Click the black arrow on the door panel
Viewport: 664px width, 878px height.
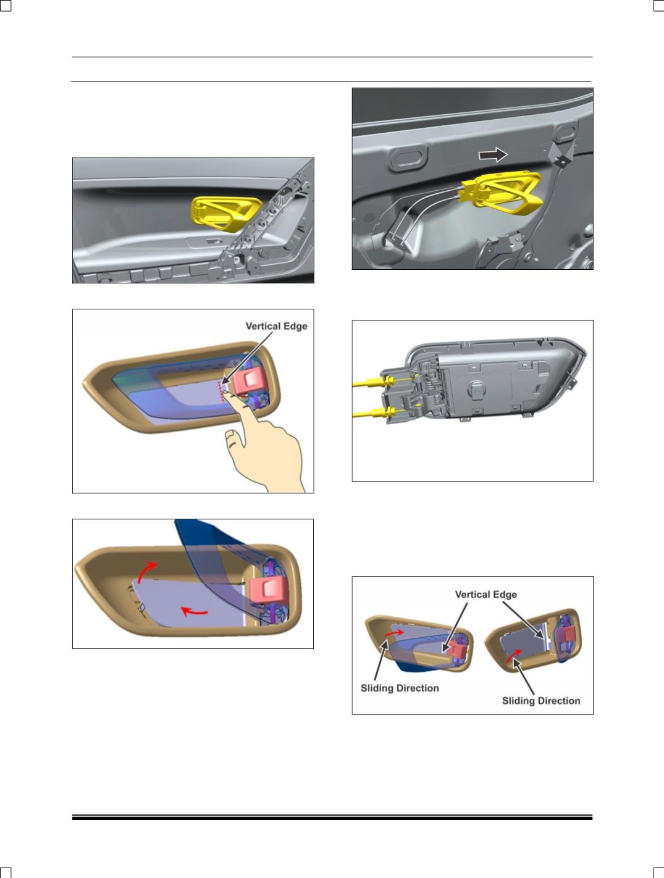click(x=493, y=154)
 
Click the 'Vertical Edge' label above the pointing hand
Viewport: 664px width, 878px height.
click(x=276, y=326)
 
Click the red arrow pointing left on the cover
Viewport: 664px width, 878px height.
click(x=195, y=611)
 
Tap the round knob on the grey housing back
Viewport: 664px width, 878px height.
click(x=476, y=389)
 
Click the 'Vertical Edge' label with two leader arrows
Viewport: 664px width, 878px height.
click(x=485, y=595)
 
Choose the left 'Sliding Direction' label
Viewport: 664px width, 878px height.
click(x=400, y=688)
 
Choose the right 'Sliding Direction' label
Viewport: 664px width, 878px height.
click(x=541, y=701)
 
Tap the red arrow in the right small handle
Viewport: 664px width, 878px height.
click(x=513, y=656)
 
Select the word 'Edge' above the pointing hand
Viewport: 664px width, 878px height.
click(x=295, y=327)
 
